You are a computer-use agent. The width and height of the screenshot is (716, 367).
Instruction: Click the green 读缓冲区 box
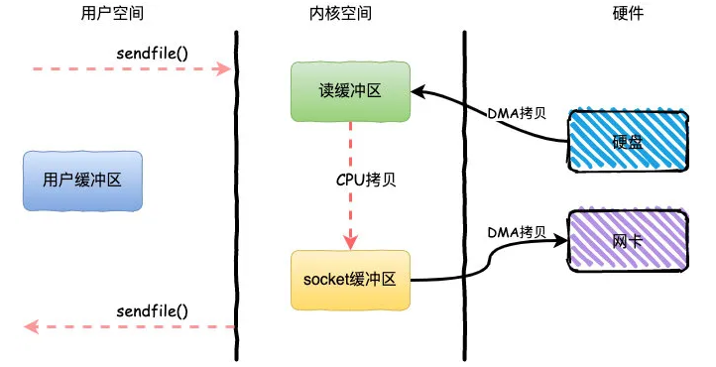pos(350,91)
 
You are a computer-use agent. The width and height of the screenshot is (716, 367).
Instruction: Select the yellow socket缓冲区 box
pos(350,280)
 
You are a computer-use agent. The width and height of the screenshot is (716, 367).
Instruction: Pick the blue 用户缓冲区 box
pos(83,181)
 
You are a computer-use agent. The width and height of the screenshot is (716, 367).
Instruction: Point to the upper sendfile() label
pos(152,52)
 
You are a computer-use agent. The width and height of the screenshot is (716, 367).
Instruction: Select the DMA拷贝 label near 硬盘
pos(516,112)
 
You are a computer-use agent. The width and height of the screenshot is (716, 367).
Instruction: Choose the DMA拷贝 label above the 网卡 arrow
pos(516,231)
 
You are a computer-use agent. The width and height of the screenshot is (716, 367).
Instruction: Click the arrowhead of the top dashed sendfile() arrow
pos(227,69)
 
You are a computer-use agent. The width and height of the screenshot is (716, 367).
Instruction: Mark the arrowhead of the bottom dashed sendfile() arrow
pos(31,326)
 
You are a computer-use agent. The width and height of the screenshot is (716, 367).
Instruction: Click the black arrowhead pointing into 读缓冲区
pos(418,91)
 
